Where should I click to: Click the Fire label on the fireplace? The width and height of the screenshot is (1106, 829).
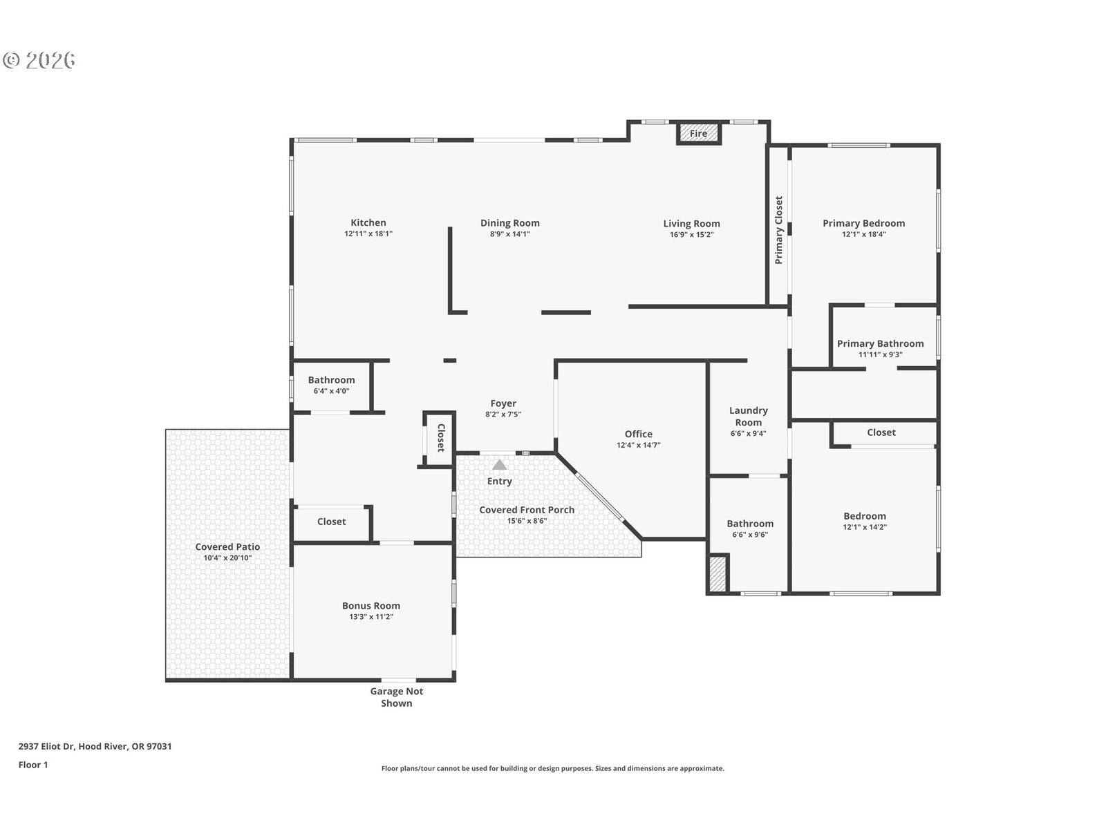[698, 133]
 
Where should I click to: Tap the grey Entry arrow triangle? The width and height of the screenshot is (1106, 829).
[499, 464]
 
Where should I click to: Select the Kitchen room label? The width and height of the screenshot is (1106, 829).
[368, 222]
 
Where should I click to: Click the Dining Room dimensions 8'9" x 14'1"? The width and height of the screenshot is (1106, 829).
[510, 234]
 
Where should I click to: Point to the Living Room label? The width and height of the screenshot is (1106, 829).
[691, 223]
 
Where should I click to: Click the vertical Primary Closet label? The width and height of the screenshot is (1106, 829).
[778, 230]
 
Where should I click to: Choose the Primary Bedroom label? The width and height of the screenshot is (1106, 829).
[863, 223]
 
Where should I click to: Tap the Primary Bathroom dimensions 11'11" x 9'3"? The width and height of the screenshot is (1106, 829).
[880, 354]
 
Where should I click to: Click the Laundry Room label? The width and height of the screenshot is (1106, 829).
[748, 417]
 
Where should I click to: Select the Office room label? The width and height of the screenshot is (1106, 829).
[639, 434]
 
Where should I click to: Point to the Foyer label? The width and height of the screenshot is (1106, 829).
[503, 403]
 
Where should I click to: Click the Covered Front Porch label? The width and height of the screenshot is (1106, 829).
[527, 510]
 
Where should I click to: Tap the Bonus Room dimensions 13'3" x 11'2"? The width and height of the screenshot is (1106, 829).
[371, 617]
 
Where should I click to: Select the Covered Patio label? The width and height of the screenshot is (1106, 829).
[227, 546]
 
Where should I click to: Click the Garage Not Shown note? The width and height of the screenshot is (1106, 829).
[397, 697]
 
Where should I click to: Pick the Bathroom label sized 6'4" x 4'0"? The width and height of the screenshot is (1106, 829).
[332, 380]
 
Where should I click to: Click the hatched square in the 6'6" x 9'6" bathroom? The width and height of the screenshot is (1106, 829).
[717, 574]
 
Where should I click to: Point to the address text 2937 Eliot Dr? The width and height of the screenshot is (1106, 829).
[47, 746]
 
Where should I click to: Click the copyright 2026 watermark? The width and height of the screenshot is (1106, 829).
[39, 60]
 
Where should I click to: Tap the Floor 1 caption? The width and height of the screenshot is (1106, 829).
[33, 765]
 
